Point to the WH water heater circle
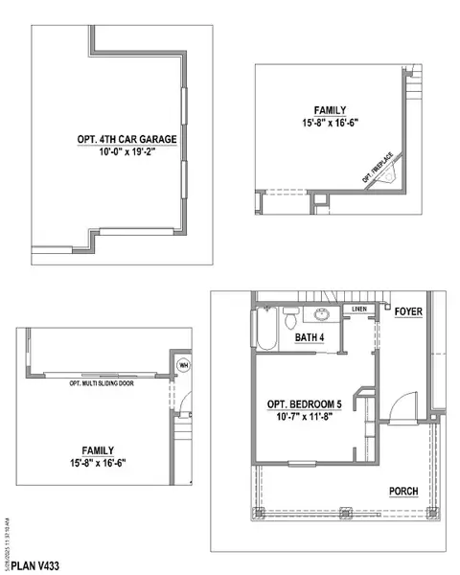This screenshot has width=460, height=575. (x=183, y=364)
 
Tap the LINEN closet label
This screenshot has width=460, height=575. (x=359, y=310)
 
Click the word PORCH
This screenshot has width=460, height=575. (x=402, y=491)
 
